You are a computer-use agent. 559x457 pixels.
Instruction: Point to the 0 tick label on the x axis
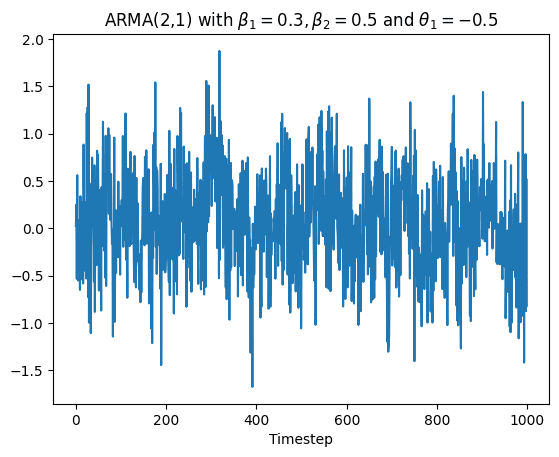coord(76,421)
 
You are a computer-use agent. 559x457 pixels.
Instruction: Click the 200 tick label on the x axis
coord(166,421)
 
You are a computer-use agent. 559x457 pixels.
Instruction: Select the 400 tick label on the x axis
coord(257,421)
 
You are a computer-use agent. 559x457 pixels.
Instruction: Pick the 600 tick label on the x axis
coord(348,421)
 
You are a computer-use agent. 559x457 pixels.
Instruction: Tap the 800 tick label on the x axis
coord(438,421)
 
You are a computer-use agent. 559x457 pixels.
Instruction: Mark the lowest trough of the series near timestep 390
coord(252,386)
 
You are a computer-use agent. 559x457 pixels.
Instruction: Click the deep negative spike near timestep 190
coord(161,365)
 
